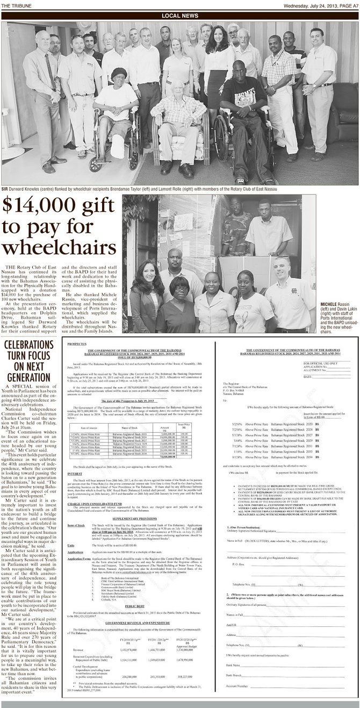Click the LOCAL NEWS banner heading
pos(179,15)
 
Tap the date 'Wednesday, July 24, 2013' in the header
pos(301,5)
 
